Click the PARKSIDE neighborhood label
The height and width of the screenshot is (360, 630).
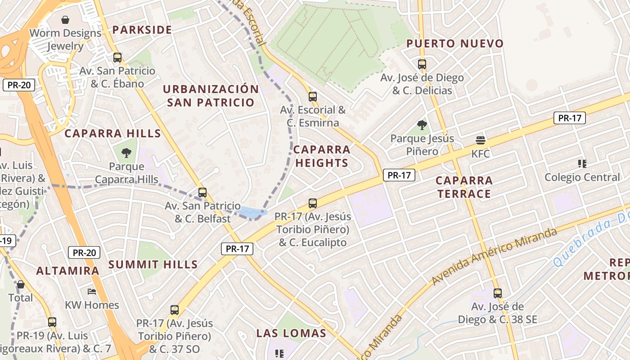(x=142, y=30)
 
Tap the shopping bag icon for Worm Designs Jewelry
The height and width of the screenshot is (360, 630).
(x=65, y=20)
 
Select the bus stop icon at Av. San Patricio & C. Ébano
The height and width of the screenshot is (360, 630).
(x=117, y=58)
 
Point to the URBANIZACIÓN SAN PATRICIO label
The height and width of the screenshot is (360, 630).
(x=211, y=95)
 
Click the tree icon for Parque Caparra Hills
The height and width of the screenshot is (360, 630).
(x=126, y=153)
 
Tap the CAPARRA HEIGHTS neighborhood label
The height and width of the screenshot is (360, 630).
(x=322, y=156)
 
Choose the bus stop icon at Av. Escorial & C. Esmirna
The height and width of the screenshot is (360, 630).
(x=313, y=96)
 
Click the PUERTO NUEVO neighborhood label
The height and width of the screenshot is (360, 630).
(x=455, y=44)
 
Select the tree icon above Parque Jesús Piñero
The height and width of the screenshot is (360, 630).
(x=422, y=125)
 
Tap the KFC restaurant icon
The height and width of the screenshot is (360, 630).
(x=480, y=140)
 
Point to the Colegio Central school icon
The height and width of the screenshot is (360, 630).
(x=582, y=164)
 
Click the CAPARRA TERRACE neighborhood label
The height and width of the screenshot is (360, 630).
(x=464, y=187)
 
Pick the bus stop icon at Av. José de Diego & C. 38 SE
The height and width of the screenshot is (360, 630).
(x=497, y=293)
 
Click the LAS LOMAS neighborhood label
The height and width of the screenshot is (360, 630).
(x=291, y=333)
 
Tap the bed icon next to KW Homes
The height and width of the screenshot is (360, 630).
(x=92, y=292)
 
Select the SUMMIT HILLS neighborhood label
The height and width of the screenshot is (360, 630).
(x=153, y=265)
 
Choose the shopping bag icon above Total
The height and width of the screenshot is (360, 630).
(x=20, y=284)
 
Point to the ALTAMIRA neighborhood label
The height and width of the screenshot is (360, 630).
(x=67, y=271)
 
